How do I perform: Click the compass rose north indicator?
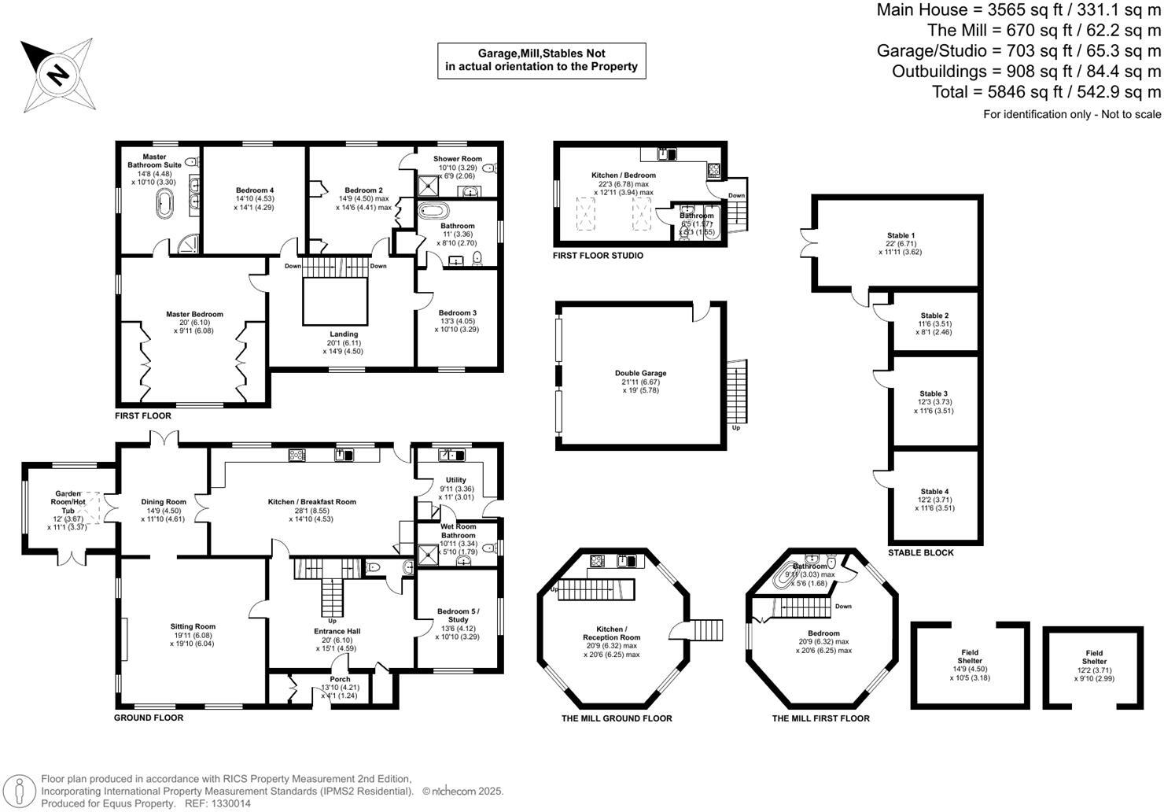(x=57, y=74)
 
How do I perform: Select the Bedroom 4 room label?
(x=255, y=190)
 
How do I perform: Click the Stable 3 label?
(x=934, y=393)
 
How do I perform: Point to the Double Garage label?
(x=640, y=373)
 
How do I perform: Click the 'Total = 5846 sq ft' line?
(x=1046, y=91)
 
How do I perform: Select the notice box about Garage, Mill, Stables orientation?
(x=541, y=61)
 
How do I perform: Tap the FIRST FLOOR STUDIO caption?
(x=598, y=256)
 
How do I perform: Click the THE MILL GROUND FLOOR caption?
(x=617, y=718)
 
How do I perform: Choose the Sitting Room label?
(x=192, y=627)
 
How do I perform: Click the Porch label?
(x=340, y=679)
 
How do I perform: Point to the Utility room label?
(x=455, y=480)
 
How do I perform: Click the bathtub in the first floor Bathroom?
(x=431, y=212)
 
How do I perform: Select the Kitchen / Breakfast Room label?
(x=311, y=502)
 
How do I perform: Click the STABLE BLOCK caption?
(x=920, y=553)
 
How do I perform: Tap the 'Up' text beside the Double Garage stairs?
(x=736, y=428)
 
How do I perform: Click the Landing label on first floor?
(x=344, y=334)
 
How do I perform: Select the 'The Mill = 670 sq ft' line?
(x=1044, y=31)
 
